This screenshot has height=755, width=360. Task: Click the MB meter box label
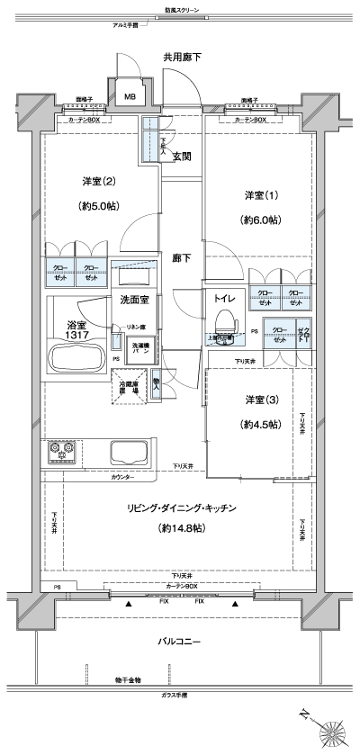(130, 96)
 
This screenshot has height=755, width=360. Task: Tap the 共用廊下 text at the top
(182, 58)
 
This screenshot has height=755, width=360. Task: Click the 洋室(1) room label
(256, 196)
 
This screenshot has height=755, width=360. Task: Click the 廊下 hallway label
(182, 258)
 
